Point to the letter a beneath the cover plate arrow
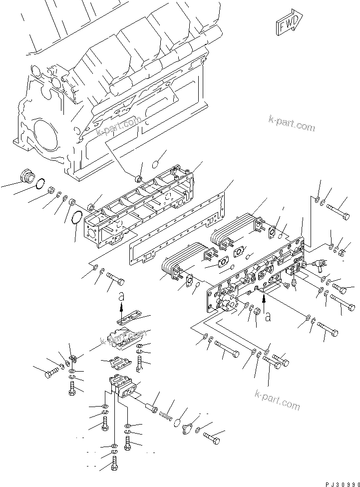[x=268, y=316]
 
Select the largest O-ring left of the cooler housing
[x=75, y=219]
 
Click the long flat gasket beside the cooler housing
[x=180, y=235]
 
